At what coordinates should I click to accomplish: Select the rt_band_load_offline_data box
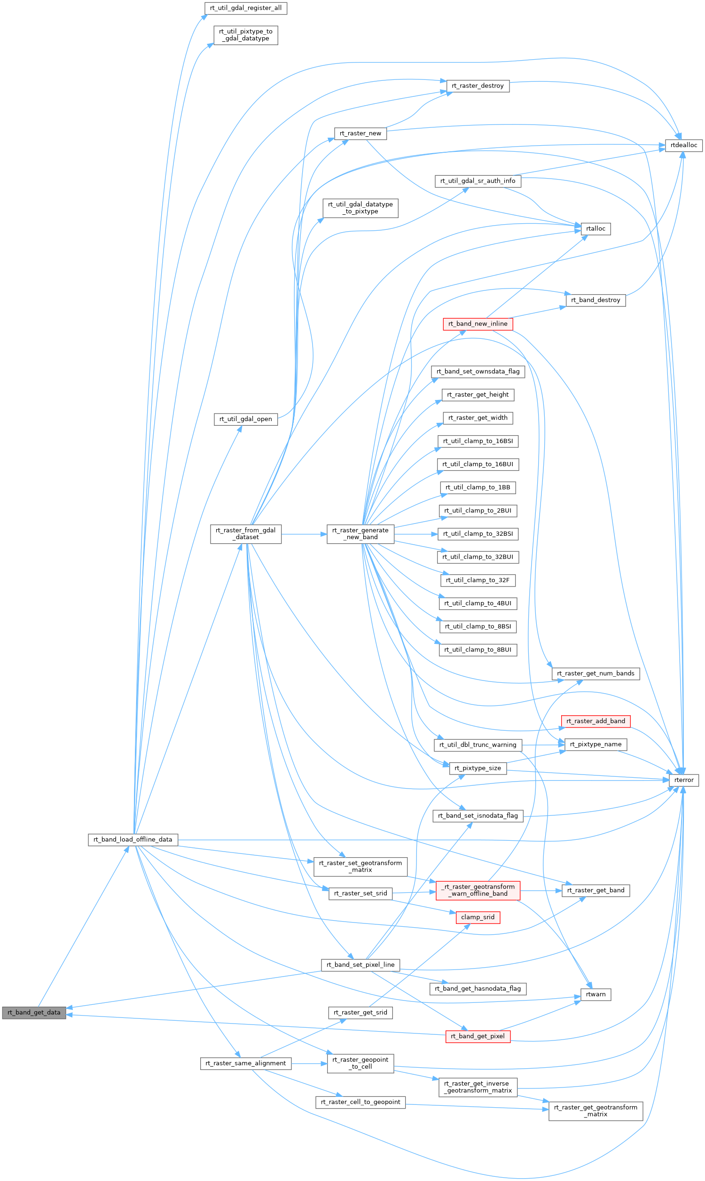pyautogui.click(x=133, y=839)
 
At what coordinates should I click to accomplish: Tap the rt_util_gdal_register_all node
pyautogui.click(x=246, y=8)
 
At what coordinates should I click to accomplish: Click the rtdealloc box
pyautogui.click(x=684, y=145)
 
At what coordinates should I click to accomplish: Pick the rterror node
pyautogui.click(x=684, y=780)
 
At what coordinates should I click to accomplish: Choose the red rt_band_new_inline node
pyautogui.click(x=478, y=324)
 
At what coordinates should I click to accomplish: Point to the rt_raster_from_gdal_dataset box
pyautogui.click(x=246, y=534)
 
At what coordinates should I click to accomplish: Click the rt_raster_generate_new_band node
pyautogui.click(x=360, y=534)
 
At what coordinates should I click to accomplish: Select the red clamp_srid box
pyautogui.click(x=478, y=917)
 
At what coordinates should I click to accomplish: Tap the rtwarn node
pyautogui.click(x=596, y=994)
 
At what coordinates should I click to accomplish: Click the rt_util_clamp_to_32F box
pyautogui.click(x=478, y=580)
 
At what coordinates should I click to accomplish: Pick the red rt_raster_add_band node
pyautogui.click(x=596, y=721)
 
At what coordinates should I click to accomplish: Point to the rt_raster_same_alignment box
pyautogui.click(x=246, y=1064)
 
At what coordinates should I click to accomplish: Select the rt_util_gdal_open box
pyautogui.click(x=246, y=419)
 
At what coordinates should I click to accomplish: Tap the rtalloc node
pyautogui.click(x=596, y=229)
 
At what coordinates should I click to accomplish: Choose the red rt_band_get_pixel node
pyautogui.click(x=478, y=1037)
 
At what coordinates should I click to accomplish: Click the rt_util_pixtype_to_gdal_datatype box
pyautogui.click(x=246, y=35)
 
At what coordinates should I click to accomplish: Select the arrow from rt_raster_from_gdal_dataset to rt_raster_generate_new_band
pyautogui.click(x=304, y=534)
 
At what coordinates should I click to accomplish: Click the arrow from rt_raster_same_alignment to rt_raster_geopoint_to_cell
pyautogui.click(x=309, y=1064)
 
